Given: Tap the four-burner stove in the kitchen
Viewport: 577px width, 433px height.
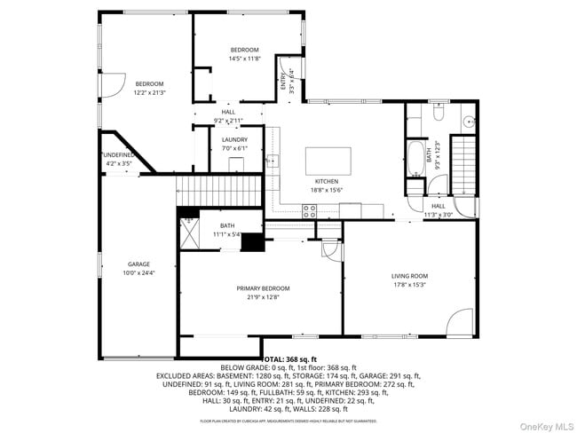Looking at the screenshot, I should coord(310,210).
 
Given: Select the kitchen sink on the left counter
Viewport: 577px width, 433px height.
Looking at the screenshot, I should coord(274,161).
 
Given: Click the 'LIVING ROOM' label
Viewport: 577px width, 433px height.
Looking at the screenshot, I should coord(409,276).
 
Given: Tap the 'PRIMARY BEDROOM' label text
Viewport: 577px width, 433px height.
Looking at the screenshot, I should coord(263,288).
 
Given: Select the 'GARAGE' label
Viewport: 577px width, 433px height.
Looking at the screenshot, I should coord(138,264).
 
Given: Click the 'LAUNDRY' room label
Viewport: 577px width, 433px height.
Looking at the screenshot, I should coord(234,139).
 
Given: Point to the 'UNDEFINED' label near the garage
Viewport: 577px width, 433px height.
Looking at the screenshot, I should coord(118,155).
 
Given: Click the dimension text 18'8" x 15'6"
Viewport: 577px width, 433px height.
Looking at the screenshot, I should coord(327,190).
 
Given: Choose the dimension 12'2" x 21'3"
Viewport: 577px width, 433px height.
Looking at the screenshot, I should coord(149,92).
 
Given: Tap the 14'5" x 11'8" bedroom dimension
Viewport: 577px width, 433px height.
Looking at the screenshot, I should coord(244,59).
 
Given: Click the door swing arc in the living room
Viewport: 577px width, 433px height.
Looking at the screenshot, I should coord(462,321).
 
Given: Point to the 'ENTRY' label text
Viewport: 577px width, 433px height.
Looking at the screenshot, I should coord(283,82).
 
